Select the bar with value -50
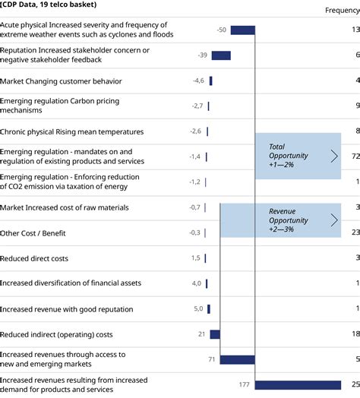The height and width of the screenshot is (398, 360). click(242, 30)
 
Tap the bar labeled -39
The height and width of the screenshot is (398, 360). click(221, 55)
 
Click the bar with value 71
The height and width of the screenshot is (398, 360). click(238, 359)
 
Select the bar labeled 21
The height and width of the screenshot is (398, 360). click(215, 334)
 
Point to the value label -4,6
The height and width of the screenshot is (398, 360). click(198, 81)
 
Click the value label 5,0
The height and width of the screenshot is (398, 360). click(197, 309)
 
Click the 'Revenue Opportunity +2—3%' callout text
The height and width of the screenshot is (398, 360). click(289, 220)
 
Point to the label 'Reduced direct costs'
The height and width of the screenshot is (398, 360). click(34, 258)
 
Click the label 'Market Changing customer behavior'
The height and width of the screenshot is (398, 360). click(61, 81)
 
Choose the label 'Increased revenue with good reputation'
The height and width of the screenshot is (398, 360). click(67, 309)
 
